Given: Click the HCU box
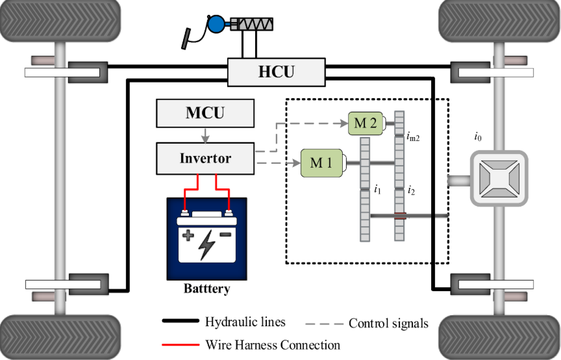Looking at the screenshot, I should pyautogui.click(x=276, y=71).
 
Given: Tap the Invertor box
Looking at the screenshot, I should pyautogui.click(x=205, y=159).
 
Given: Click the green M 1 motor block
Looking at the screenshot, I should pyautogui.click(x=321, y=162).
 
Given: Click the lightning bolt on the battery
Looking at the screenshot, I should pyautogui.click(x=207, y=242).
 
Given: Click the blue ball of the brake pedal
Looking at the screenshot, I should pyautogui.click(x=215, y=25).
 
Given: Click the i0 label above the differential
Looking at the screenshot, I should pyautogui.click(x=478, y=137).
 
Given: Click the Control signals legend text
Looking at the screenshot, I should pyautogui.click(x=388, y=323).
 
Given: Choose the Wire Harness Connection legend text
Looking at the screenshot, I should pyautogui.click(x=272, y=344).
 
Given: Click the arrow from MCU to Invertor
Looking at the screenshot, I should pyautogui.click(x=205, y=135).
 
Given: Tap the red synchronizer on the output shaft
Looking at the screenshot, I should pyautogui.click(x=399, y=215).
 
